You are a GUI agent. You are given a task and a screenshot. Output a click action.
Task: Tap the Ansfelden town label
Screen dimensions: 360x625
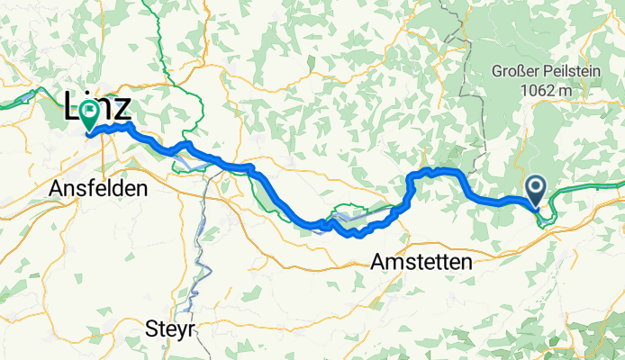click(99, 190)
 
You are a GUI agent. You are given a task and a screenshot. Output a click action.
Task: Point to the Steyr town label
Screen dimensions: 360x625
click(169, 329)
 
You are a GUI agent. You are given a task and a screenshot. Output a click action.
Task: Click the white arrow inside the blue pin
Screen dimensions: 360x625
click(535, 187)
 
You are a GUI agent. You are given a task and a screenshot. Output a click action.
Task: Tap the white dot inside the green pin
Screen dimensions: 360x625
click(89, 112)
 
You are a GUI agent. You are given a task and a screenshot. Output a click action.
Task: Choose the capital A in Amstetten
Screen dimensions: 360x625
click(377, 262)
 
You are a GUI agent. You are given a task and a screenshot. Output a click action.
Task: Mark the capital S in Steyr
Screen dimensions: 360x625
click(150, 329)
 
